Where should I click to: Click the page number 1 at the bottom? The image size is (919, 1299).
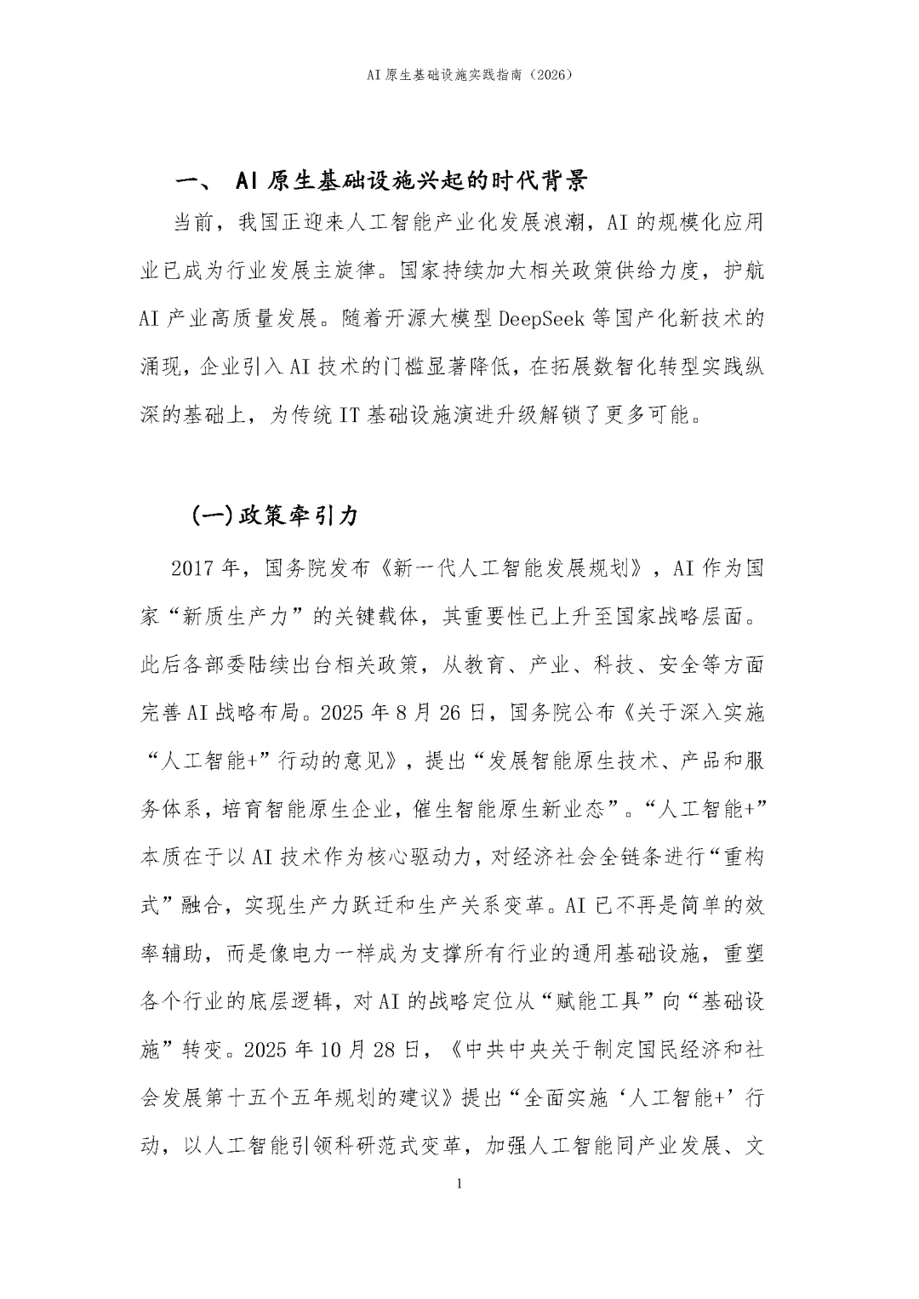(459, 1184)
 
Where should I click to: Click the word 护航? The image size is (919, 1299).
(743, 271)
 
